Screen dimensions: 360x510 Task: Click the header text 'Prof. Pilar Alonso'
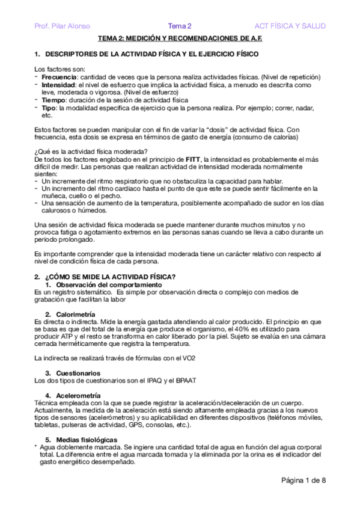[63, 26]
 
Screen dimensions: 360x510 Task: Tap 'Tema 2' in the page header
[179, 26]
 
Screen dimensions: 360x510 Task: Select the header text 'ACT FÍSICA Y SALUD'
[290, 26]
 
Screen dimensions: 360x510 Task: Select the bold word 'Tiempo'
[53, 100]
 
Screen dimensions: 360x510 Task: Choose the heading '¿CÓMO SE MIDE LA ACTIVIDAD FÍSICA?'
[111, 277]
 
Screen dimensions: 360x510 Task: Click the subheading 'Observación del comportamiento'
[100, 284]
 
